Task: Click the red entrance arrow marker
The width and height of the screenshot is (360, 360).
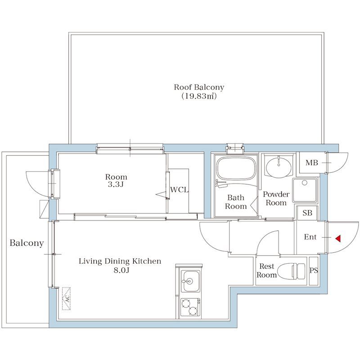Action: [x=338, y=239]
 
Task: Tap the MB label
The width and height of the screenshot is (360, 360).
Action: [x=311, y=163]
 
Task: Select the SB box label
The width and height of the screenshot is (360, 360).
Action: [x=307, y=213]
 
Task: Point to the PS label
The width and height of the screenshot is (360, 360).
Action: [x=314, y=270]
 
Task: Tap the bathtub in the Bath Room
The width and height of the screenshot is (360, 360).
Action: [x=236, y=167]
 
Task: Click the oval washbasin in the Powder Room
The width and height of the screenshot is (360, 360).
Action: [x=279, y=166]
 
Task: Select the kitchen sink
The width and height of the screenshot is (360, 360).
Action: [x=189, y=282]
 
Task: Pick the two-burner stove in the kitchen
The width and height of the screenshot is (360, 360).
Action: [x=189, y=307]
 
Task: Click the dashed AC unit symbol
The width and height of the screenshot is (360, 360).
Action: [x=67, y=299]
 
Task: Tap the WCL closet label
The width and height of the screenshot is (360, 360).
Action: [x=179, y=190]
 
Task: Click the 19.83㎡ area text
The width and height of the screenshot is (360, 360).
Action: [x=199, y=96]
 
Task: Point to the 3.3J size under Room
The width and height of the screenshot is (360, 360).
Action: [x=116, y=184]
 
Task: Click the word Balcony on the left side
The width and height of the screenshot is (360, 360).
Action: [x=27, y=243]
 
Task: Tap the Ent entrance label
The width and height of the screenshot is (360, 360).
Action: [x=310, y=237]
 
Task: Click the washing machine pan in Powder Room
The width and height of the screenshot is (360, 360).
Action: [x=305, y=190]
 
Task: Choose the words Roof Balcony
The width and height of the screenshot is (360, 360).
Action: [x=199, y=87]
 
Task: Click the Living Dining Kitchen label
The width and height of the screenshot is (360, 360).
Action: [x=120, y=261]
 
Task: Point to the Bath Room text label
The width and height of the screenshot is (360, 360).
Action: [x=236, y=202]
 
